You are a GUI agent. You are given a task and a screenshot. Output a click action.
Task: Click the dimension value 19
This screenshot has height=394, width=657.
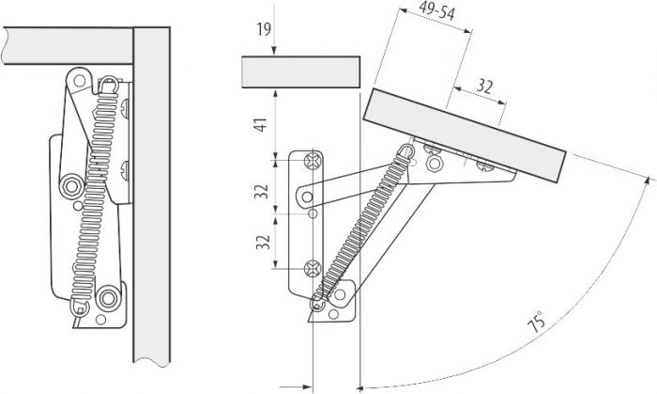point(264,29)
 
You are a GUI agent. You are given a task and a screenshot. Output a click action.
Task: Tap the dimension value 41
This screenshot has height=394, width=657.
point(262,125)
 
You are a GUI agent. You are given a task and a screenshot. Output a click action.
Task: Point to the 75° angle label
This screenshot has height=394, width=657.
point(536,321)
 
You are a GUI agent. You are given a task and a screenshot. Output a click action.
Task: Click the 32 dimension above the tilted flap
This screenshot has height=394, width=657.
point(484,87)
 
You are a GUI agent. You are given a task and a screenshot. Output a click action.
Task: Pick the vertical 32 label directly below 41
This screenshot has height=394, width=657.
point(262,191)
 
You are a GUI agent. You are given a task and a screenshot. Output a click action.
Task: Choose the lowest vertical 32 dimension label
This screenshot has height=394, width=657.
point(262,242)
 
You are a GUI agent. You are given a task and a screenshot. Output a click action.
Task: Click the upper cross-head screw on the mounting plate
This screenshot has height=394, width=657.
point(313,160)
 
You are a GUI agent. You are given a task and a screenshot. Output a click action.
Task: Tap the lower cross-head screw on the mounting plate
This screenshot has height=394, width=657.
point(313,269)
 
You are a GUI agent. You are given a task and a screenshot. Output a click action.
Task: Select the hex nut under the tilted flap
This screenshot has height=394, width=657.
point(434,163)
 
